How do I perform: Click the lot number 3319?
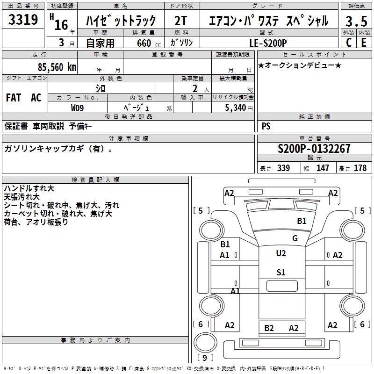click(23, 20)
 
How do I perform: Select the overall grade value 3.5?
click(356, 21)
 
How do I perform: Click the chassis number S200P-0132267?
click(314, 149)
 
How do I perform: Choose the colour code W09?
click(78, 108)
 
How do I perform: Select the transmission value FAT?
click(13, 98)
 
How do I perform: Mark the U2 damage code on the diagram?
click(280, 253)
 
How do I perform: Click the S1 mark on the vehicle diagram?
click(280, 273)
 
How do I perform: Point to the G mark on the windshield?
click(295, 238)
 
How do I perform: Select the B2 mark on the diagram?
click(269, 328)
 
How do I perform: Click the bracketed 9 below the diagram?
click(205, 358)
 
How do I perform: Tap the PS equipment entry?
click(266, 126)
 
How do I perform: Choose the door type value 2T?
click(181, 21)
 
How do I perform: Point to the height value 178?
click(360, 168)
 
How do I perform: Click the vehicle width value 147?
click(323, 168)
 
